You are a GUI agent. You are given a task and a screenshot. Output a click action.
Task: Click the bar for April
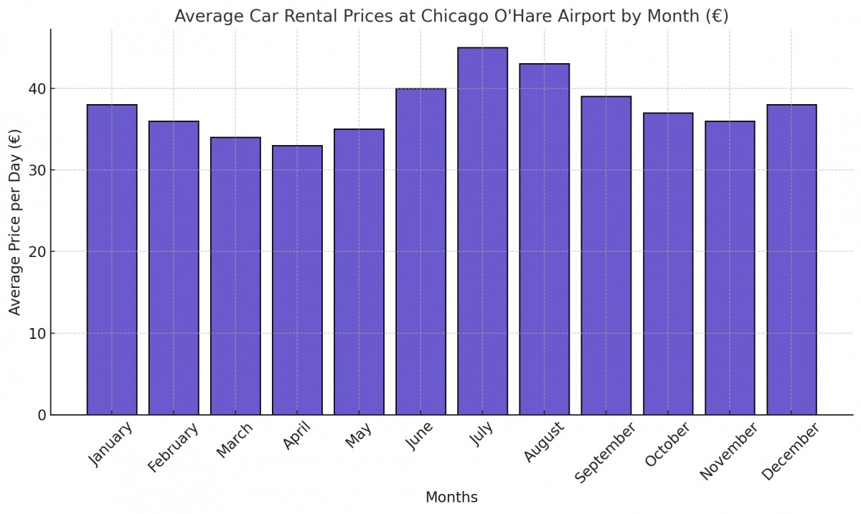coord(297,280)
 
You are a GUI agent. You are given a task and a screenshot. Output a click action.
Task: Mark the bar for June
coord(420,251)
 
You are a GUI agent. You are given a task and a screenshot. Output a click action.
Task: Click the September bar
coord(606,256)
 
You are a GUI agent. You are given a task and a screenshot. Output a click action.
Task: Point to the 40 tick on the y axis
coord(37,89)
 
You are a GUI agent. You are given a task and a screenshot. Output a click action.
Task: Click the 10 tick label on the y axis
coord(37,334)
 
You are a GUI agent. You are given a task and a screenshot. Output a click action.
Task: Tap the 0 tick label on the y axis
coord(42,415)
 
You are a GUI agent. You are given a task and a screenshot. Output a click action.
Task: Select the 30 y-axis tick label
coord(37,171)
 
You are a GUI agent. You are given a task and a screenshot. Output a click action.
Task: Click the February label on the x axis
coord(173,448)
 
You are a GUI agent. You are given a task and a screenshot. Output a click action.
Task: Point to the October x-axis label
coord(667,444)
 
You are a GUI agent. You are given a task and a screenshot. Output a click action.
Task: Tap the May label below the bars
coord(358,436)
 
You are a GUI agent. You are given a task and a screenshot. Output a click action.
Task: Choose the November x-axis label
coord(728,451)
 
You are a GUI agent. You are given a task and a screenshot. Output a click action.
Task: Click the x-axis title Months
coord(451,497)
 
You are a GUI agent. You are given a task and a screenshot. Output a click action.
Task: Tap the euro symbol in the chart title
coord(715,16)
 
